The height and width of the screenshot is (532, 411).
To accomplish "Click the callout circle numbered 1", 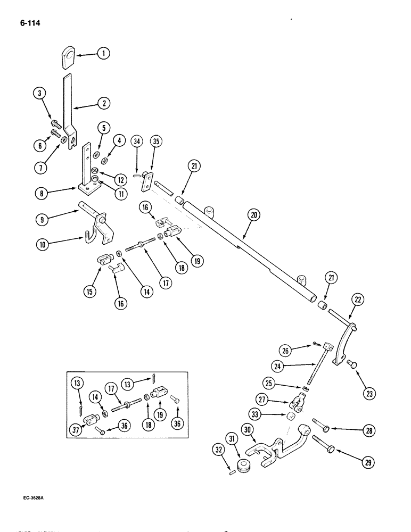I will (x=103, y=53).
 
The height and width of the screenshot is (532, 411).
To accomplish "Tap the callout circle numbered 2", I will (x=104, y=104).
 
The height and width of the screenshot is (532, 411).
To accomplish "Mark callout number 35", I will (x=157, y=143).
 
